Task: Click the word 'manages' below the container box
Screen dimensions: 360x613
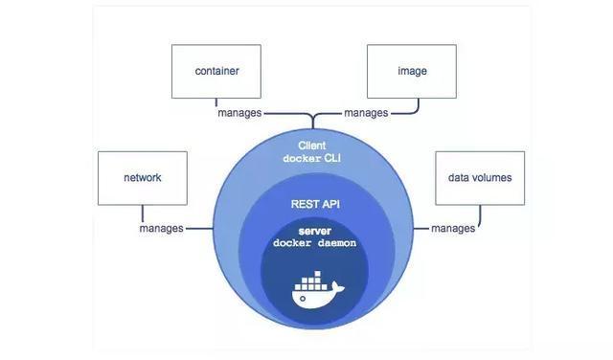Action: pos(239,113)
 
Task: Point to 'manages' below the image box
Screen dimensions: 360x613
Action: pos(366,113)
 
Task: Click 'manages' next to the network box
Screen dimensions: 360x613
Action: pos(161,229)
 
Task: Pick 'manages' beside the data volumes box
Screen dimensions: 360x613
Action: pos(453,229)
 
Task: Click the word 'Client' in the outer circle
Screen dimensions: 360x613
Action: pos(312,146)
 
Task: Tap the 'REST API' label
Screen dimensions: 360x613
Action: pos(315,204)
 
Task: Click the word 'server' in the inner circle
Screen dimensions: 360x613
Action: pos(314,231)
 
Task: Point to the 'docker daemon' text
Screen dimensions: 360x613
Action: pos(314,243)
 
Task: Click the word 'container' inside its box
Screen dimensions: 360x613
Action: pos(216,71)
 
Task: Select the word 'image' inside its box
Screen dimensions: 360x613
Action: pos(412,71)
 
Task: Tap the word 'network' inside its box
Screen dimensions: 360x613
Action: pos(142,178)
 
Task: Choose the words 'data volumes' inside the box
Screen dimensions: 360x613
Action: pos(480,178)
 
